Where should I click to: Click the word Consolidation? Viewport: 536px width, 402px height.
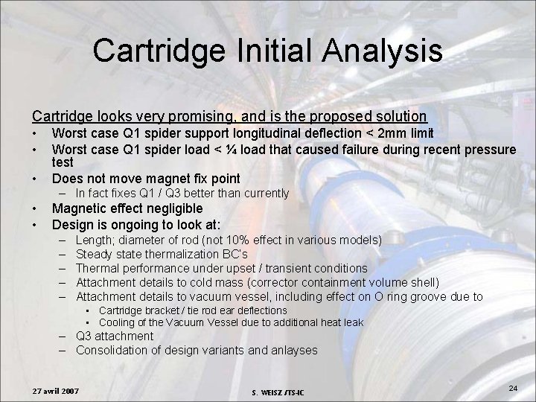click(116, 350)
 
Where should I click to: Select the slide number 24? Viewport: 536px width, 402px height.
click(512, 388)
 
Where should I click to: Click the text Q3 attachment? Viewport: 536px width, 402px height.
click(115, 336)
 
